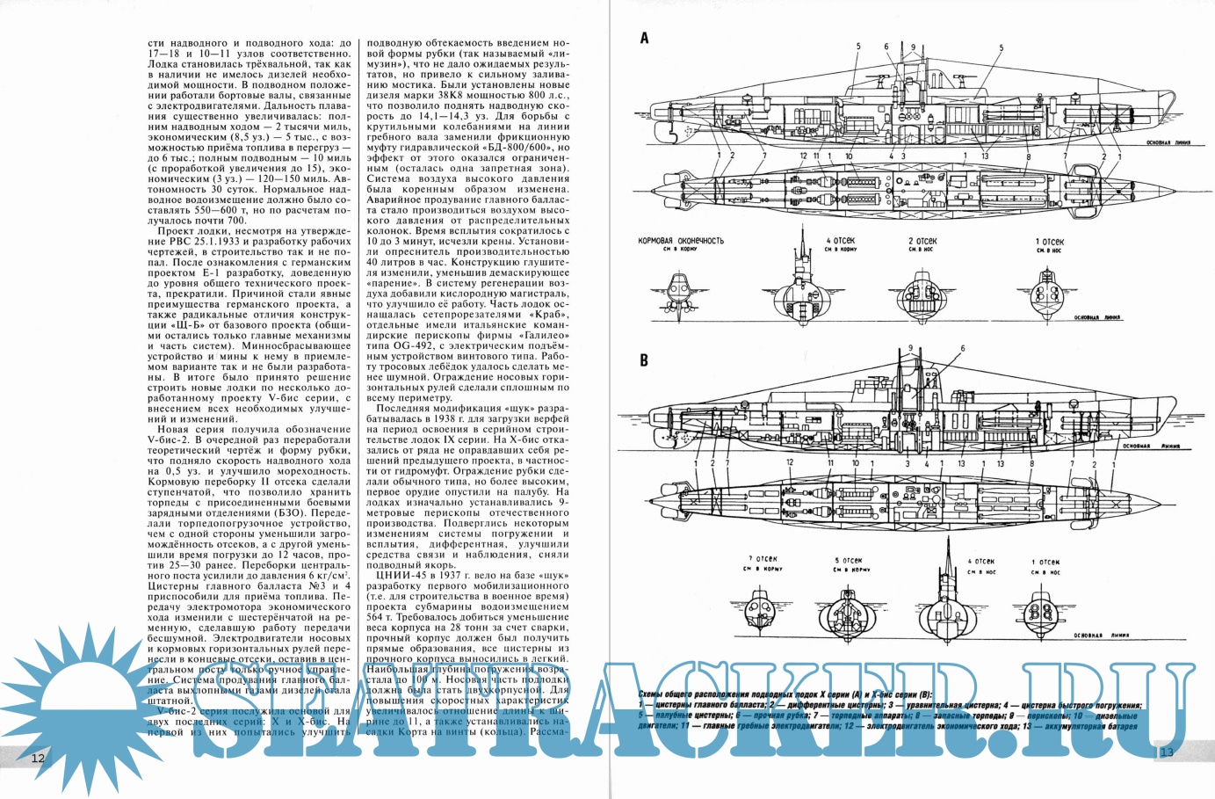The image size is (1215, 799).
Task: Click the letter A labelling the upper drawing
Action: [x=644, y=38]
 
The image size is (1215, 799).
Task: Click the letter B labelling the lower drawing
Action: [x=644, y=360]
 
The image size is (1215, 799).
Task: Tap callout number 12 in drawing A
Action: [x=803, y=156]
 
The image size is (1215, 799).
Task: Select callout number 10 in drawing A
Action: [x=849, y=156]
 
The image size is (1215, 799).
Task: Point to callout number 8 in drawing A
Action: [x=1029, y=157]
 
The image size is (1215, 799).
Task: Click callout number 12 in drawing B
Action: [x=789, y=462]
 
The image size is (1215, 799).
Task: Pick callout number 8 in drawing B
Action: [x=1031, y=463]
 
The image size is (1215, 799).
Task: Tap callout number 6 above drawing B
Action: [x=962, y=349]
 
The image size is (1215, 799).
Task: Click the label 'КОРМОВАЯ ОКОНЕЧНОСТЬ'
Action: [x=681, y=240]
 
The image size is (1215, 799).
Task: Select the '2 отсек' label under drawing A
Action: [x=922, y=241]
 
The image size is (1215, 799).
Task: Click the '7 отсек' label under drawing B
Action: [x=763, y=559]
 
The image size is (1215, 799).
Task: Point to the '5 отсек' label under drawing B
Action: [x=848, y=560]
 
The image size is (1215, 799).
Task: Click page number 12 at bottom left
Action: [x=38, y=758]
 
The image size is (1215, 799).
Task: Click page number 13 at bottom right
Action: [x=1167, y=752]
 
